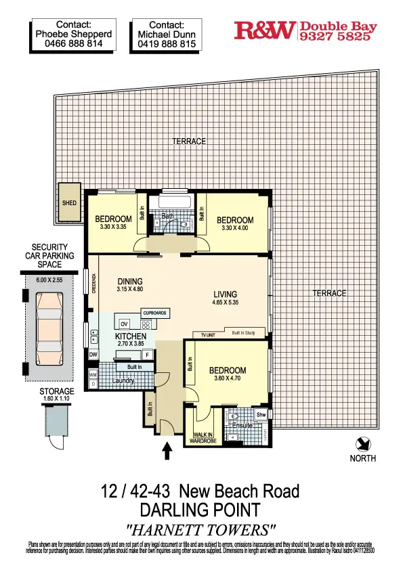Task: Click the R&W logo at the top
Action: (265, 30)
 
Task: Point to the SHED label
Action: (69, 202)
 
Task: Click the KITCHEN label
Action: (131, 336)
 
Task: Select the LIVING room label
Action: (225, 294)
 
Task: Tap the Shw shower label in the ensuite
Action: (261, 415)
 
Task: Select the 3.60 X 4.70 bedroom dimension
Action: (227, 380)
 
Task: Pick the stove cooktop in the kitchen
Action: (146, 324)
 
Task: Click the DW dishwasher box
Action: (93, 353)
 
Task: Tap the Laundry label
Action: (125, 380)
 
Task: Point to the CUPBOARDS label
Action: (154, 313)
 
